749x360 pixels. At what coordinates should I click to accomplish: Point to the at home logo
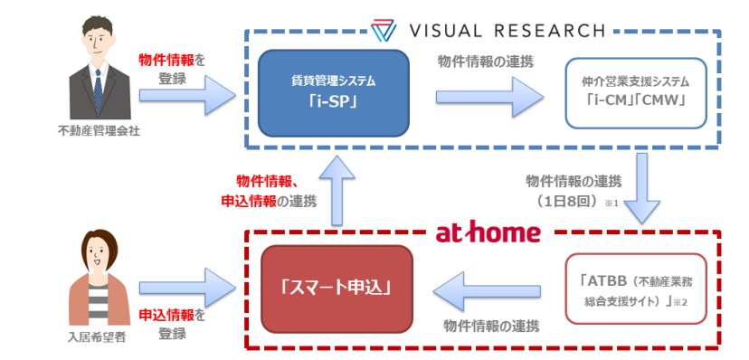click(x=488, y=232)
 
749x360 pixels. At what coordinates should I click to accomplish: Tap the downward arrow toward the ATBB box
click(x=643, y=188)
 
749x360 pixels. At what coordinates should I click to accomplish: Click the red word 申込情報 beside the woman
click(x=166, y=316)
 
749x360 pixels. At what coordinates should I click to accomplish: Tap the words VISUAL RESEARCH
click(x=507, y=31)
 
